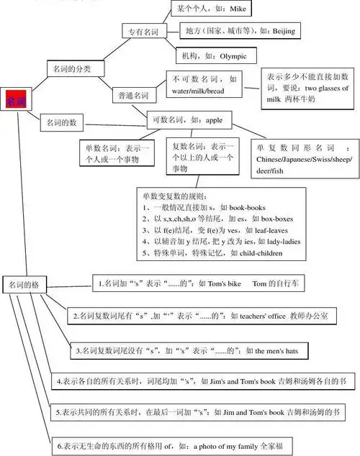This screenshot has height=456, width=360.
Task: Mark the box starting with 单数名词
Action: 115,154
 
